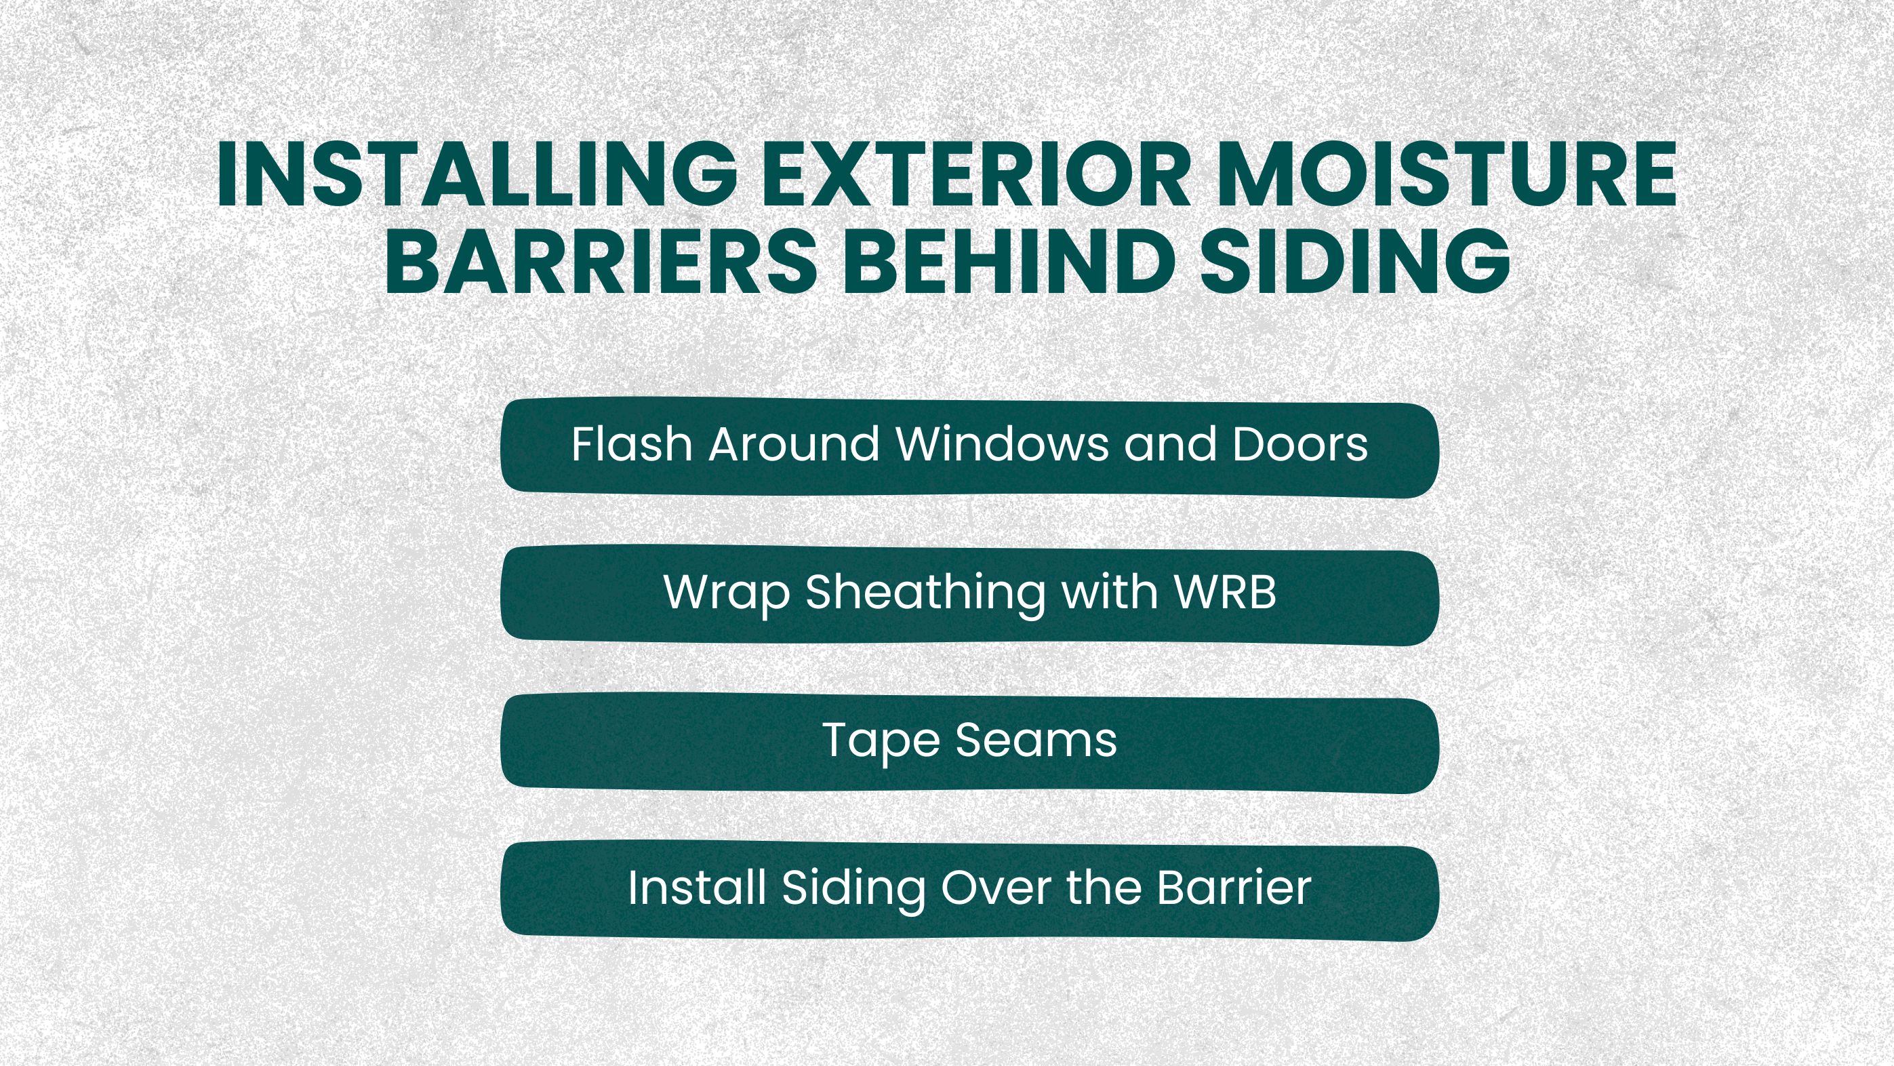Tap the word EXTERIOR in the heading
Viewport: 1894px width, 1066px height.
click(976, 175)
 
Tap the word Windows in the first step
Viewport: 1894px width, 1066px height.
click(1003, 444)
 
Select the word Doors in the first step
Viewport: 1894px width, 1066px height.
click(1300, 444)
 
